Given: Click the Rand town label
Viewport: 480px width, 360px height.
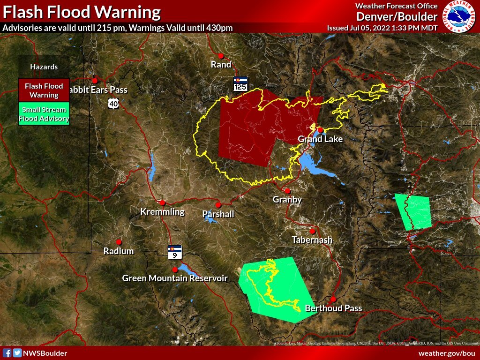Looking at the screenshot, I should point(221,65).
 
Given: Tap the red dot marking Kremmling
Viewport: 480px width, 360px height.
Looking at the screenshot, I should point(163,203).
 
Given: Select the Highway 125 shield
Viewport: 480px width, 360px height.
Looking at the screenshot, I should point(240,84).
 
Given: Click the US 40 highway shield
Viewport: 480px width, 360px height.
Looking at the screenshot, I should point(112,103).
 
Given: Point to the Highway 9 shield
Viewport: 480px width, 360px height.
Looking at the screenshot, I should point(175,252).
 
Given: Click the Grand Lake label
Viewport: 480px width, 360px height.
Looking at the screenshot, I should point(320,139).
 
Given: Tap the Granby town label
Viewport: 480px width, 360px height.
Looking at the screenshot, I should point(287,200).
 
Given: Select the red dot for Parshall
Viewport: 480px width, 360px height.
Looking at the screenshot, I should point(218,205).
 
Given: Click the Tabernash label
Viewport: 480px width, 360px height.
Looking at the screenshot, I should point(312,240).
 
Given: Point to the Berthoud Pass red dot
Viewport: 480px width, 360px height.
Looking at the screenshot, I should point(333,299).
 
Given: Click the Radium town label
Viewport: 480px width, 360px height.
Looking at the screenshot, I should point(119,251).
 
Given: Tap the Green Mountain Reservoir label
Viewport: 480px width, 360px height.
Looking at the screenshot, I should point(175,278).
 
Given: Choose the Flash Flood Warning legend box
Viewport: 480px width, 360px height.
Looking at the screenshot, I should point(44,90).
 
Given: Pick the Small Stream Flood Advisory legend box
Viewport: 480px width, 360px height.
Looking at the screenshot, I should point(44,114).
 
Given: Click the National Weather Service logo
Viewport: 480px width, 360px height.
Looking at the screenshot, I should point(459,16).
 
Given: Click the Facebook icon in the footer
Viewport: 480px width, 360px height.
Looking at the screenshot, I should point(7,353).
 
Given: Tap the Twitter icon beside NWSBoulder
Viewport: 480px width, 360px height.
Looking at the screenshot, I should point(17,353).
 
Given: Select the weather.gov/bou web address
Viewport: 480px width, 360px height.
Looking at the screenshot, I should point(446,353).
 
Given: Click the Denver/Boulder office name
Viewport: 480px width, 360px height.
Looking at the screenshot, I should point(397,17).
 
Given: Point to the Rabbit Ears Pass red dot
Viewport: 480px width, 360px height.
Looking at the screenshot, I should point(95,81).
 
